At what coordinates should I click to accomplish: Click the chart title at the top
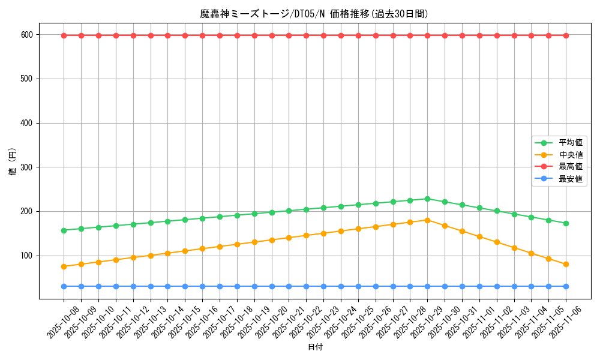314,14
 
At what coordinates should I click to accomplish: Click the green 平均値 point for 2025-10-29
427,199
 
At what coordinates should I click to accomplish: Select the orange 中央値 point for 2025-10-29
427,220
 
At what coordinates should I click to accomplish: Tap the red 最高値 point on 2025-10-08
64,35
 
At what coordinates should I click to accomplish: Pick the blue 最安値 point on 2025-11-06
566,286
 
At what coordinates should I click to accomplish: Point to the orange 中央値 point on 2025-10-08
64,266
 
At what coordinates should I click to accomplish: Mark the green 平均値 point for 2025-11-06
566,223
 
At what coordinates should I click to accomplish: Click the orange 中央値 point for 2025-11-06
566,264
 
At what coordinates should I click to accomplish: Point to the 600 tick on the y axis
28,35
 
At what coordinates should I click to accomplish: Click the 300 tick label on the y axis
28,167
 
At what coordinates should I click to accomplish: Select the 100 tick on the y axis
28,256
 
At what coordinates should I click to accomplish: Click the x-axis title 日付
315,347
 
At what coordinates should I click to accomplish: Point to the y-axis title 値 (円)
12,161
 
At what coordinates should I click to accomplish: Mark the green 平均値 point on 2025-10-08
64,230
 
